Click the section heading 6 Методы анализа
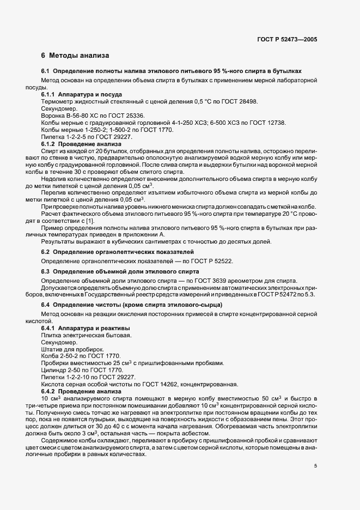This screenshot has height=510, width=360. point(75,56)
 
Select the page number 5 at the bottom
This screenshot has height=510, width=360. point(316,466)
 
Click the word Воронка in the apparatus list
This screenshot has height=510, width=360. point(52,115)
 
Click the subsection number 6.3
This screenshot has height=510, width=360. point(46,271)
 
